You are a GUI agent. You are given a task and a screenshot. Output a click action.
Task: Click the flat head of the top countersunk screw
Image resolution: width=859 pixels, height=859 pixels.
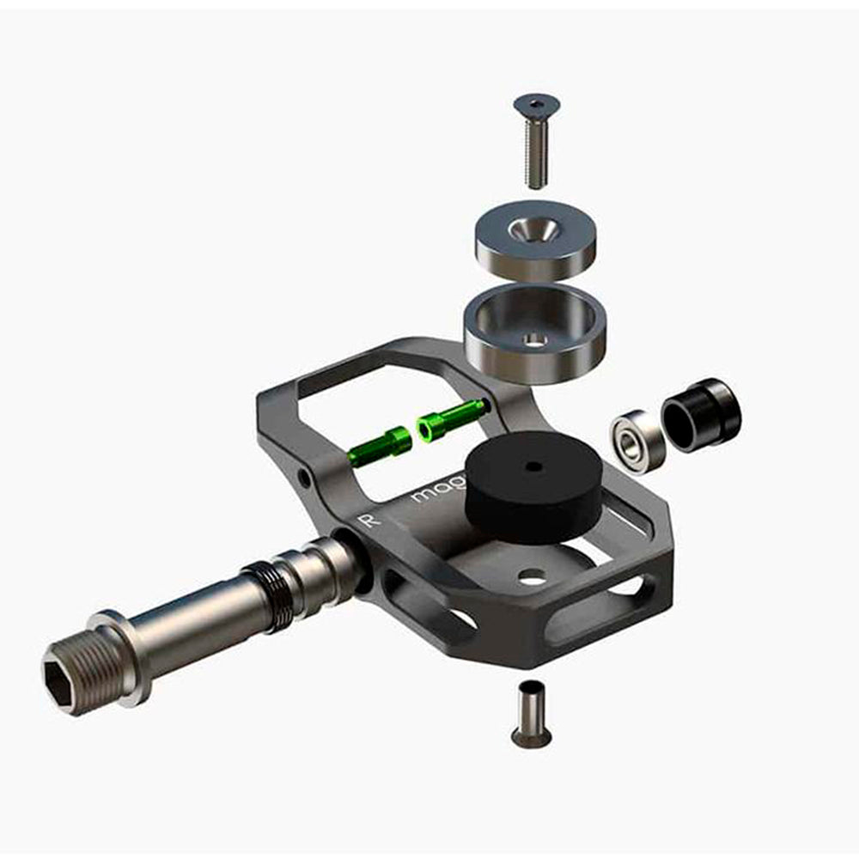click(536, 105)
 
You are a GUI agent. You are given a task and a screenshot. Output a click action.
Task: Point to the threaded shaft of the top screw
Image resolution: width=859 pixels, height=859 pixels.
click(537, 155)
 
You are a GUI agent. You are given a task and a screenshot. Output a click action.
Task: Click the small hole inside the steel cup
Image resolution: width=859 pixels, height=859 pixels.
click(537, 341)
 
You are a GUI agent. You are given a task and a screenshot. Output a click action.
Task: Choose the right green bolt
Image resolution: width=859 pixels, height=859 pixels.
click(451, 419)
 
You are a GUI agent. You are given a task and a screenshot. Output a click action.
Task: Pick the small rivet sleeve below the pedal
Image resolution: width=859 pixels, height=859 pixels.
click(531, 712)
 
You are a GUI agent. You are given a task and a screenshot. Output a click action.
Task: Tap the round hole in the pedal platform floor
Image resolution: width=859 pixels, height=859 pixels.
click(533, 578)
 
